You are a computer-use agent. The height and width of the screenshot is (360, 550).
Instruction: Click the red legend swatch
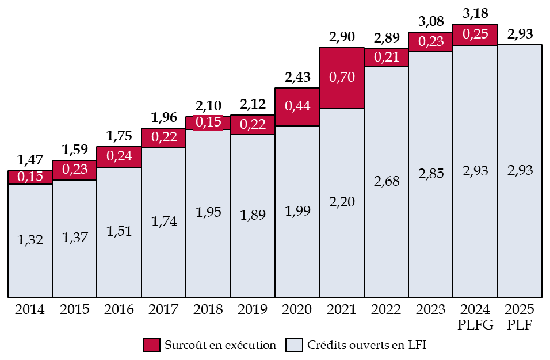click(x=151, y=345)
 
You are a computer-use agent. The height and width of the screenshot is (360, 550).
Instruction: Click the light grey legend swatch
click(x=294, y=345)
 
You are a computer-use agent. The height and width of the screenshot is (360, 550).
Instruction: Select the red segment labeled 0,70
click(x=342, y=78)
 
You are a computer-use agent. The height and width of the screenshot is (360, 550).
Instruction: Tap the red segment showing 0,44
click(x=297, y=107)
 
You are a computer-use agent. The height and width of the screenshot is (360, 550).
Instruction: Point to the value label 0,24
click(x=119, y=157)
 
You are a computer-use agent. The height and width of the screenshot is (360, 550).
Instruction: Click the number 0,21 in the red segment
click(x=386, y=58)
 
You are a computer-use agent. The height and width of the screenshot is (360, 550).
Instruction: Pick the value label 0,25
click(x=475, y=35)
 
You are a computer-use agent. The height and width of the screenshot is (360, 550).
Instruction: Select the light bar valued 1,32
click(x=30, y=240)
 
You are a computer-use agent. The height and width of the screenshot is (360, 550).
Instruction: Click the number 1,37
click(x=75, y=237)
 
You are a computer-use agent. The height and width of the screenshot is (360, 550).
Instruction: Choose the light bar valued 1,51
click(x=119, y=232)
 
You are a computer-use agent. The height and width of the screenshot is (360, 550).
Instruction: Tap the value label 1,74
click(x=163, y=222)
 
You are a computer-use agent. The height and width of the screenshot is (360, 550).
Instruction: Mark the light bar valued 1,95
click(x=208, y=213)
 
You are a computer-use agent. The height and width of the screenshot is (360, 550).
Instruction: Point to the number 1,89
click(x=253, y=215)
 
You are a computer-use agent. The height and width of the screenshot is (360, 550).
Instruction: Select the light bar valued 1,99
click(x=297, y=211)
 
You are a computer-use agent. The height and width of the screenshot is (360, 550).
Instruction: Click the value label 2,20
click(x=342, y=202)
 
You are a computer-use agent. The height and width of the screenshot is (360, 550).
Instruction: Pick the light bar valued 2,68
click(x=386, y=182)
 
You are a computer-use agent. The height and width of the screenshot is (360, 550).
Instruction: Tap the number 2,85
click(x=430, y=174)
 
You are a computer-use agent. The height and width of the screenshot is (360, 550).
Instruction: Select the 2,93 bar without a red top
click(x=520, y=171)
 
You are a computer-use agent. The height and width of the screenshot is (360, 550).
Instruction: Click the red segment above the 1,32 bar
click(x=30, y=177)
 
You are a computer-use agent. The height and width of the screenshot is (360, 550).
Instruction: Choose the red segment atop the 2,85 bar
click(x=430, y=42)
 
